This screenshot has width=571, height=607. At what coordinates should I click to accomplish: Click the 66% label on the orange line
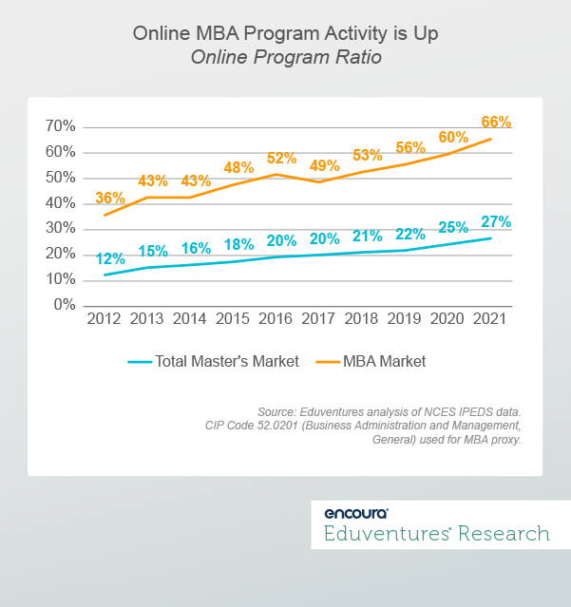(x=496, y=123)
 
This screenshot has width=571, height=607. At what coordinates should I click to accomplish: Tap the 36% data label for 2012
(x=109, y=199)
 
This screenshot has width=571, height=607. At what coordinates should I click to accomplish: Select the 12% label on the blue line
(x=109, y=258)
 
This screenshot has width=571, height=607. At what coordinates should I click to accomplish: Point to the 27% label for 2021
(x=496, y=222)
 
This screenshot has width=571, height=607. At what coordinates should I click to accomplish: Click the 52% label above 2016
(x=281, y=158)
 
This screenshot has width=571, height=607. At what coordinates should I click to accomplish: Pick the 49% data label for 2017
(x=324, y=166)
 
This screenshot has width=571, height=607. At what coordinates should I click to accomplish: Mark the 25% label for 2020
(x=453, y=228)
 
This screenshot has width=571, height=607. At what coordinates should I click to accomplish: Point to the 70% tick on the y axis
(x=60, y=126)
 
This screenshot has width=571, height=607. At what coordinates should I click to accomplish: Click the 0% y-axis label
(x=64, y=305)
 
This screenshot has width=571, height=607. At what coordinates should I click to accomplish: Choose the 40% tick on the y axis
(x=60, y=203)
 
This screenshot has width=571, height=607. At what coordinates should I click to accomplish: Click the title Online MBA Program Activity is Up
(x=285, y=34)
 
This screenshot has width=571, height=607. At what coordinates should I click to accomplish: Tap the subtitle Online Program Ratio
(x=285, y=57)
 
